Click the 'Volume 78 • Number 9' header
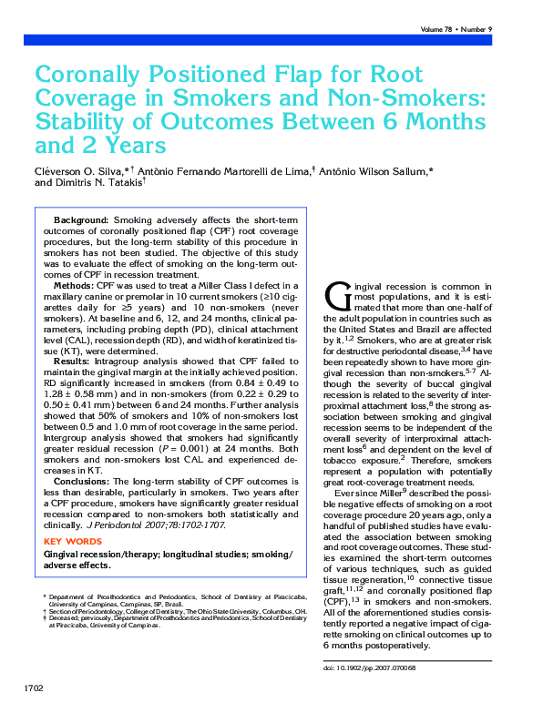tap(456, 30)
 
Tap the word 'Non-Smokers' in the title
tap(403, 97)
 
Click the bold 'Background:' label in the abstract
tap(81, 220)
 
